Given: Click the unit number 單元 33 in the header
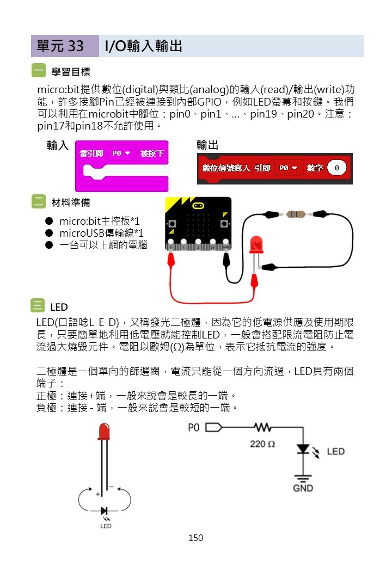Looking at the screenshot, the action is coord(60,46).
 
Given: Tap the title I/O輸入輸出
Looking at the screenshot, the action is coord(143,46).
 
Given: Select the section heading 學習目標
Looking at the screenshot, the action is coord(71,72).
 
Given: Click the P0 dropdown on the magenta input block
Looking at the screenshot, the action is coord(121,153).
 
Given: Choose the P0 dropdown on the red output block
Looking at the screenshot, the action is coord(288,168).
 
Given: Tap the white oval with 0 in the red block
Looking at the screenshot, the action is coord(337,168).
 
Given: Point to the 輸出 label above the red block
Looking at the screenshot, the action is coord(207,145).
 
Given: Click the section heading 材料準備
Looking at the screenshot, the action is coord(71,202).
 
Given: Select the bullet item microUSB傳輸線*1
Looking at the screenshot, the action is coord(101,233).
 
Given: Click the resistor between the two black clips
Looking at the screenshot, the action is coord(295,214).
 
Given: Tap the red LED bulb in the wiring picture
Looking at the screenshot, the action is coord(255,245).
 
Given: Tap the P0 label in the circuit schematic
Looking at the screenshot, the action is coord(194,428).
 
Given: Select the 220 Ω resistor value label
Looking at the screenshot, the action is coord(262,444).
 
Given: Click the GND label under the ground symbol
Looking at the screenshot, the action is coord(303,488).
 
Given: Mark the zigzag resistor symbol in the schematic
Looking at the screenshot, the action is coord(262,427).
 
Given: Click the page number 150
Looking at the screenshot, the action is coord(195,538).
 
